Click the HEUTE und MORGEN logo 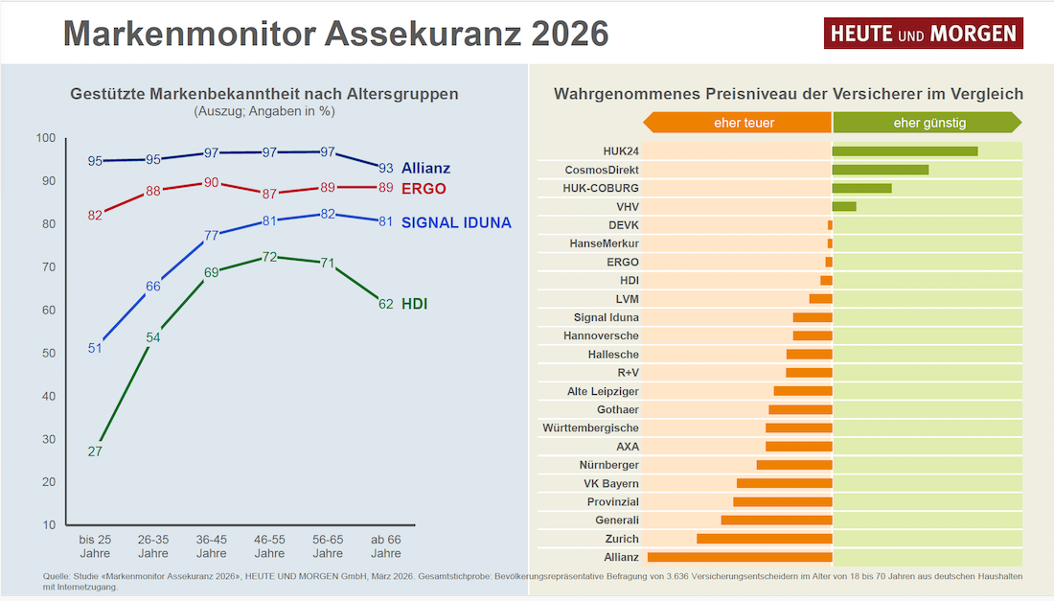click(923, 34)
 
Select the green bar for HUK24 click(905, 150)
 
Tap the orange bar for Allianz click(740, 557)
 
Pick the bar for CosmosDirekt click(881, 170)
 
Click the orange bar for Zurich click(765, 539)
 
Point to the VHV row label click(628, 206)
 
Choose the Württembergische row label click(590, 428)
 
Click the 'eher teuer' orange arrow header click(738, 123)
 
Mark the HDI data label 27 click(95, 451)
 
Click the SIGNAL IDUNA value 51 click(95, 348)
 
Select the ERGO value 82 click(95, 215)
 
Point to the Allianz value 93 click(386, 168)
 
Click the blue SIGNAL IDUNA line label click(456, 223)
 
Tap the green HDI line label click(414, 304)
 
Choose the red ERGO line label click(424, 188)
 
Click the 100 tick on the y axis click(45, 138)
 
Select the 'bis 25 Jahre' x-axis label click(95, 546)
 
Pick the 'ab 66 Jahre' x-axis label click(386, 546)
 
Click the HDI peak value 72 click(269, 257)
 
